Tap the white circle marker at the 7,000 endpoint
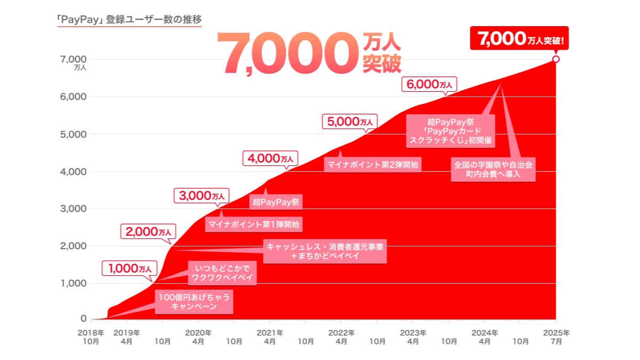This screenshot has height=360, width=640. [x=556, y=59]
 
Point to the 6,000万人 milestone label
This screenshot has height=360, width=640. [x=429, y=84]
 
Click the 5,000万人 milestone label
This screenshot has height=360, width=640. [x=349, y=121]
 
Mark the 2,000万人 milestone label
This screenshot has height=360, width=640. [x=149, y=232]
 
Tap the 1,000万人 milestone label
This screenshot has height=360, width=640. [x=130, y=269]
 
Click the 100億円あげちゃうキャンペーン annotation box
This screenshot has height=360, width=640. [x=193, y=302]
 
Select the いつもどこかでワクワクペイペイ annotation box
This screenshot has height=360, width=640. [x=222, y=273]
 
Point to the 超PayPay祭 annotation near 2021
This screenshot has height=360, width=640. [x=276, y=202]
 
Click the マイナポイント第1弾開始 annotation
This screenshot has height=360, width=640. [x=253, y=225]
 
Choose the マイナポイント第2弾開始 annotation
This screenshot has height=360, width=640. [x=372, y=165]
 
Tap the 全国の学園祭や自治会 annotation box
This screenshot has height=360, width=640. [x=493, y=170]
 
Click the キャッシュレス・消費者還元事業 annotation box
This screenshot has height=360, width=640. [x=325, y=251]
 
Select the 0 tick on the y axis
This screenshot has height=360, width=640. [x=83, y=319]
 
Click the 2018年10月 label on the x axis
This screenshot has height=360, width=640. [x=91, y=337]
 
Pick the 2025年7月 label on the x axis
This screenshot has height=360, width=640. [x=556, y=337]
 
